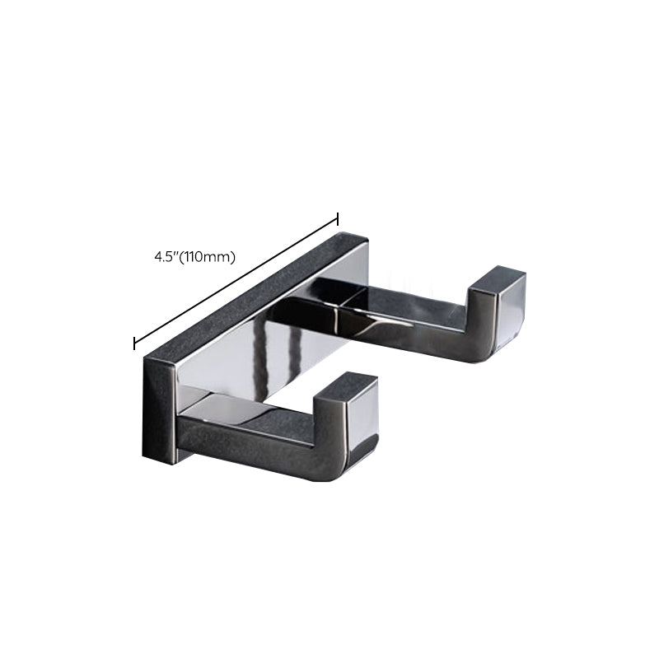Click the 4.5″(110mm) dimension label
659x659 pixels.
pos(194,256)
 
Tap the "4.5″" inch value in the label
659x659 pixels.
pos(166,256)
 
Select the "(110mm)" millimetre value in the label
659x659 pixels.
pos(209,256)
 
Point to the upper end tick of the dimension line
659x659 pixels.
pos(338,218)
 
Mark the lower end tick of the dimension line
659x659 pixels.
pos(134,342)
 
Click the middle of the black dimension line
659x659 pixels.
pos(236,280)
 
